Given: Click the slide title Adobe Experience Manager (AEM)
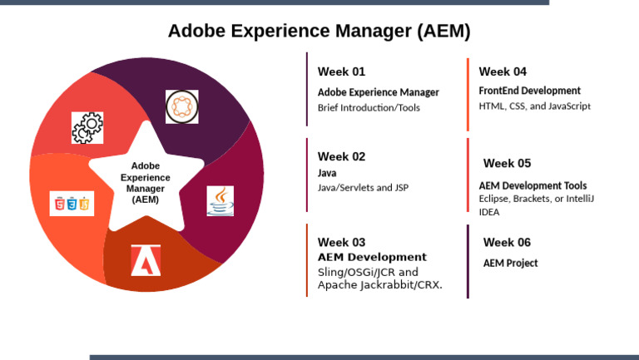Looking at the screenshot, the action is coord(319,31).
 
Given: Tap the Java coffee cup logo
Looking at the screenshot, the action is coord(220,200).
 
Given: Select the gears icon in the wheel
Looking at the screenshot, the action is coord(87,127).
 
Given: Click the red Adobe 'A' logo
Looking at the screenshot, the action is coord(146,260).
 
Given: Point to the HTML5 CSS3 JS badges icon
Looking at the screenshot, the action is coord(72,203).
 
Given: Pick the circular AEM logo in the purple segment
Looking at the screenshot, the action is coord(181,106).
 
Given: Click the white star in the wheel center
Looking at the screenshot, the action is coord(146,178).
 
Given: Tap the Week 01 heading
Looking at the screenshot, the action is coord(341,72).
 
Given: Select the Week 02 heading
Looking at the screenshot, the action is coord(341,157).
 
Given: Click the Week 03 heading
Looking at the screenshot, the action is coord(341,242).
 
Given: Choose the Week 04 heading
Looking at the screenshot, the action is coord(503,72).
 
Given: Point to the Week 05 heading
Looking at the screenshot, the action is coord(507,163).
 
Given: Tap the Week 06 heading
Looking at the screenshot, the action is coord(507,242).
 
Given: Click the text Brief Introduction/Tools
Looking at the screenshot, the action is coord(369,108).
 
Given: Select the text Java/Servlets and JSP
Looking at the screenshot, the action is coord(363,188).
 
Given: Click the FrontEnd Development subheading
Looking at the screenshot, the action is coord(529,91).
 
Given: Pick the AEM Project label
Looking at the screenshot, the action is coord(510,263).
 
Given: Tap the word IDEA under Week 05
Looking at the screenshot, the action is coord(489,212).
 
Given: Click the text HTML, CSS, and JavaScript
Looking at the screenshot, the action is coord(535,106).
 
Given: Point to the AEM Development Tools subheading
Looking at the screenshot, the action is coord(532,185).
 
